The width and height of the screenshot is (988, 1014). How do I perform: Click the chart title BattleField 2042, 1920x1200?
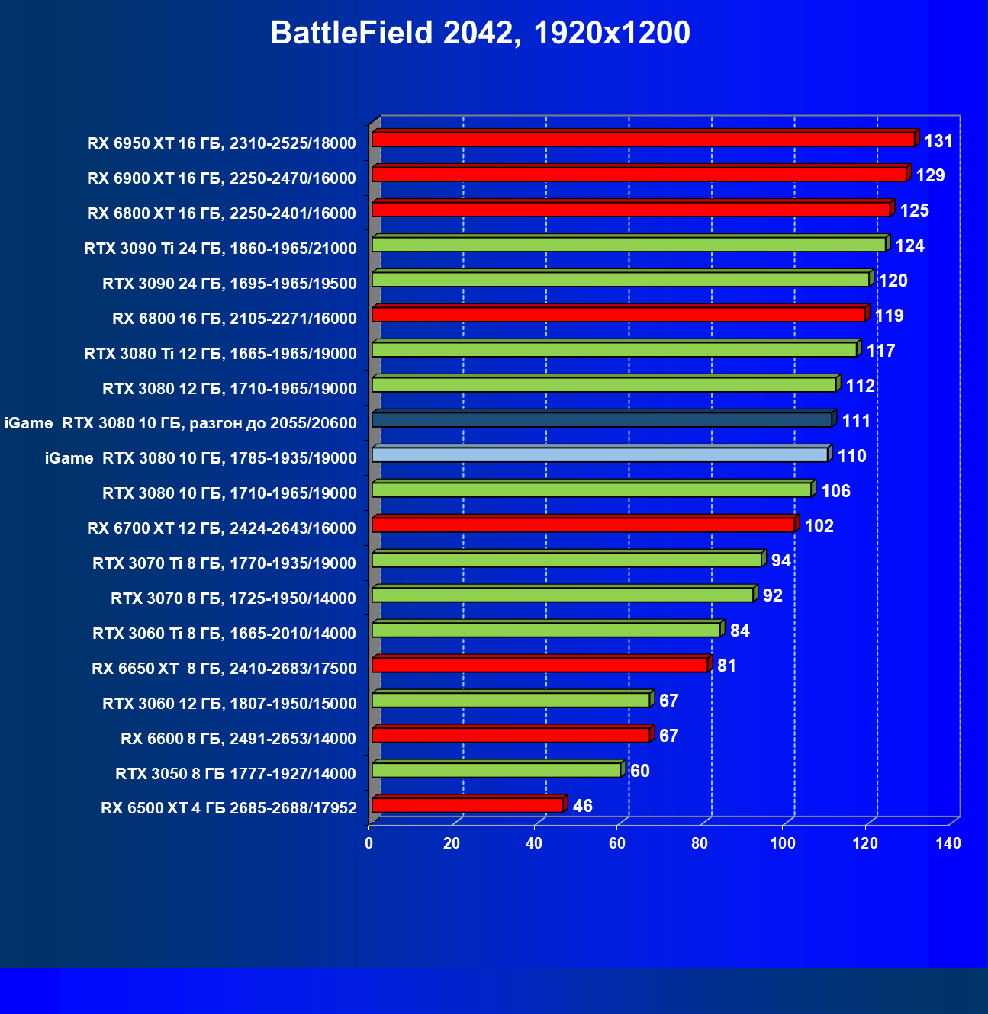click(480, 33)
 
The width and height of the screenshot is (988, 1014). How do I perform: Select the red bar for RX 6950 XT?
click(642, 140)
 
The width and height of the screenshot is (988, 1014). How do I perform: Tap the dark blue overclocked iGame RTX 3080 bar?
click(601, 420)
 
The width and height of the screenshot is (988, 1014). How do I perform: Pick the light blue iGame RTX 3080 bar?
click(600, 455)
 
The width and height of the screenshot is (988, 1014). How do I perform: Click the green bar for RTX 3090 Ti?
click(628, 245)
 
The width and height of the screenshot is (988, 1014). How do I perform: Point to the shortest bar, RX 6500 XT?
click(467, 805)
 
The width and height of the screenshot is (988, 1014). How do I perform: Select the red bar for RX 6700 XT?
click(583, 525)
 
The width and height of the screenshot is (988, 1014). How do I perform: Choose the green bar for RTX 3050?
click(496, 770)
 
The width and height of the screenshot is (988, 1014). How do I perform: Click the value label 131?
click(938, 141)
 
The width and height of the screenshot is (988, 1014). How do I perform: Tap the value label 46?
click(582, 806)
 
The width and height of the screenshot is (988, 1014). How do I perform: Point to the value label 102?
click(819, 526)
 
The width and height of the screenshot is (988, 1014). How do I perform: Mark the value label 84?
click(739, 631)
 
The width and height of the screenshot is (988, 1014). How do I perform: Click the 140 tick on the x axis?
click(948, 843)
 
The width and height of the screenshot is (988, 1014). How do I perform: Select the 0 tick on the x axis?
click(369, 843)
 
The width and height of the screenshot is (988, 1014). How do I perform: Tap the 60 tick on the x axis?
click(616, 843)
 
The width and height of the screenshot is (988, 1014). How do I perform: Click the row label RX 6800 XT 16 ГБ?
click(221, 213)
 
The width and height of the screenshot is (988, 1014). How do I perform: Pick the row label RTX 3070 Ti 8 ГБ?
click(224, 563)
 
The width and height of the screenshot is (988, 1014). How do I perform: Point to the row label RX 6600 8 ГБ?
click(238, 739)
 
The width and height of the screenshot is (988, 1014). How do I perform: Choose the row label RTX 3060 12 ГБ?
click(229, 704)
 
